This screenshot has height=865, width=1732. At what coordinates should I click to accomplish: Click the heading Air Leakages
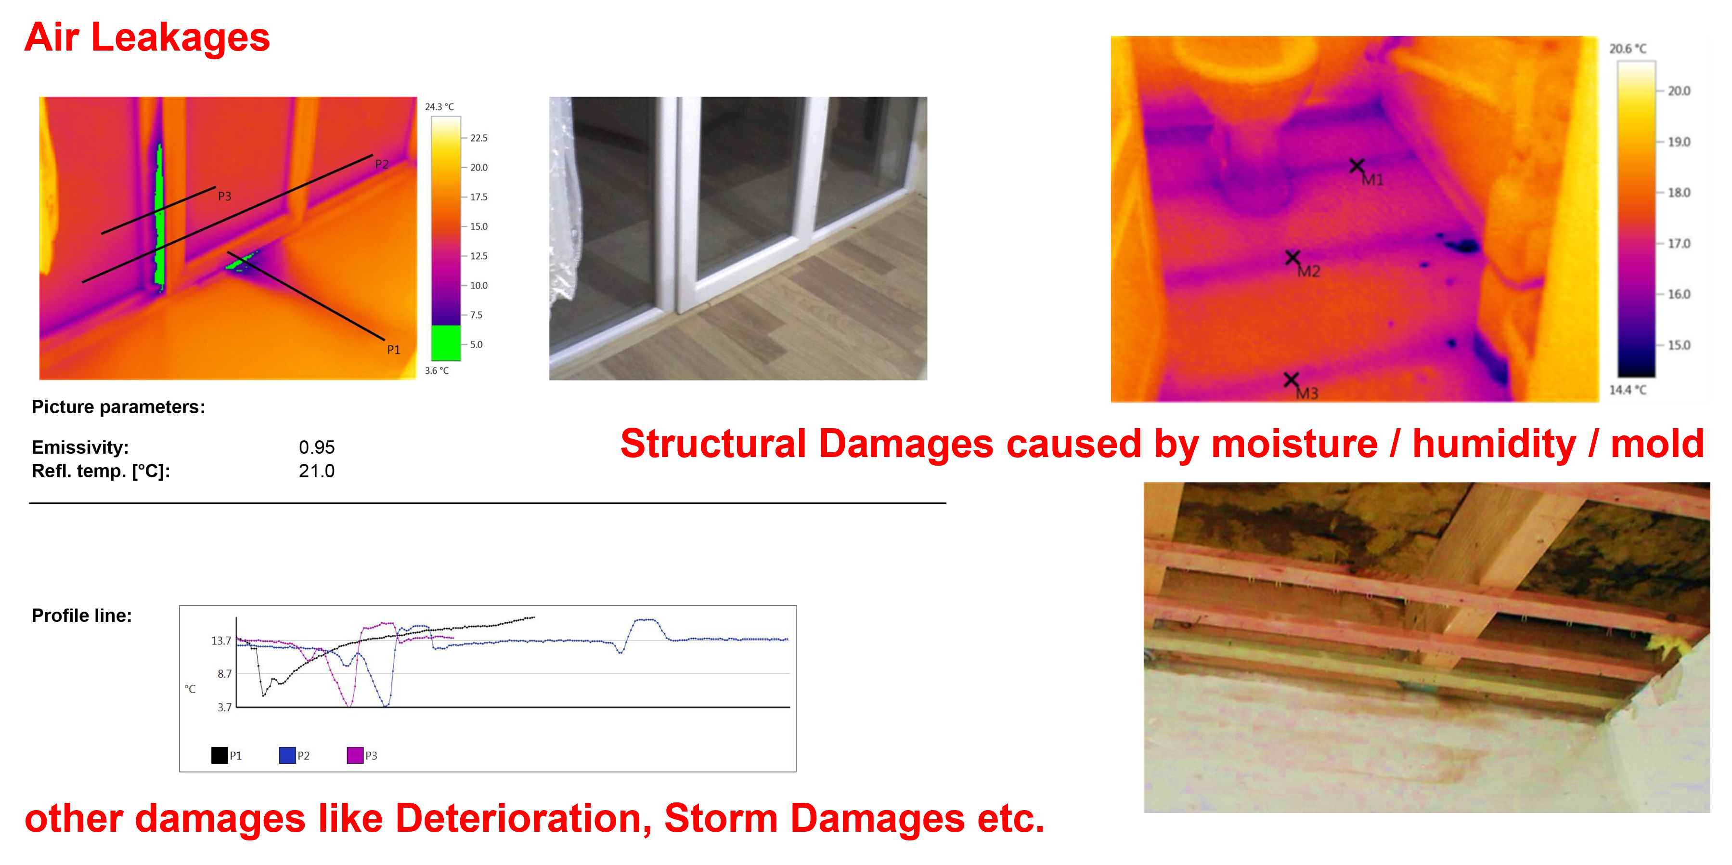[146, 38]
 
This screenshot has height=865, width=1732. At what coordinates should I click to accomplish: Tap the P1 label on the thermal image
[393, 350]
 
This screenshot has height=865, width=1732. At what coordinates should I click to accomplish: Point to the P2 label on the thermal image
[382, 164]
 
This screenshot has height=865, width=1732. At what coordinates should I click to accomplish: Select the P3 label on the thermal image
[225, 197]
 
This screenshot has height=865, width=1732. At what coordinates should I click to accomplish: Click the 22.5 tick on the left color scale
[478, 138]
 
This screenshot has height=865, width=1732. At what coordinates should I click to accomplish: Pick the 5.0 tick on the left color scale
[476, 344]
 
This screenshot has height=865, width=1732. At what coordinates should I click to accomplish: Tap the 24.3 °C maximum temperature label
[439, 106]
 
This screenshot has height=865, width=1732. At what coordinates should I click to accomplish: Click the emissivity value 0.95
[317, 447]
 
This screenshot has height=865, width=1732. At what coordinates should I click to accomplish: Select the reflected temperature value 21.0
[317, 471]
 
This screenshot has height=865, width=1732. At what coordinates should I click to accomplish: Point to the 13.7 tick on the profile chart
[221, 641]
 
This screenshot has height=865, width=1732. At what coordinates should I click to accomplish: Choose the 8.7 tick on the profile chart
[224, 673]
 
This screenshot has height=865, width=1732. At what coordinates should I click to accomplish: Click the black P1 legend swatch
[219, 755]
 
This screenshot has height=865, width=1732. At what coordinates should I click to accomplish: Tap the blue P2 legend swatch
[287, 755]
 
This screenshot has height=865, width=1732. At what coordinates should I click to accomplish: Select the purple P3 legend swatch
[355, 755]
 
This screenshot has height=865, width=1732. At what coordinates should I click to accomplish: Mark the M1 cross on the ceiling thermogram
[1357, 166]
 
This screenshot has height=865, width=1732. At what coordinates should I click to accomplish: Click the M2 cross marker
[1293, 258]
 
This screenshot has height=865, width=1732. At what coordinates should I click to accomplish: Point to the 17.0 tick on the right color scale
[1679, 244]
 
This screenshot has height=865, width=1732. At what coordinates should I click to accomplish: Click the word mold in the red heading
[1657, 444]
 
